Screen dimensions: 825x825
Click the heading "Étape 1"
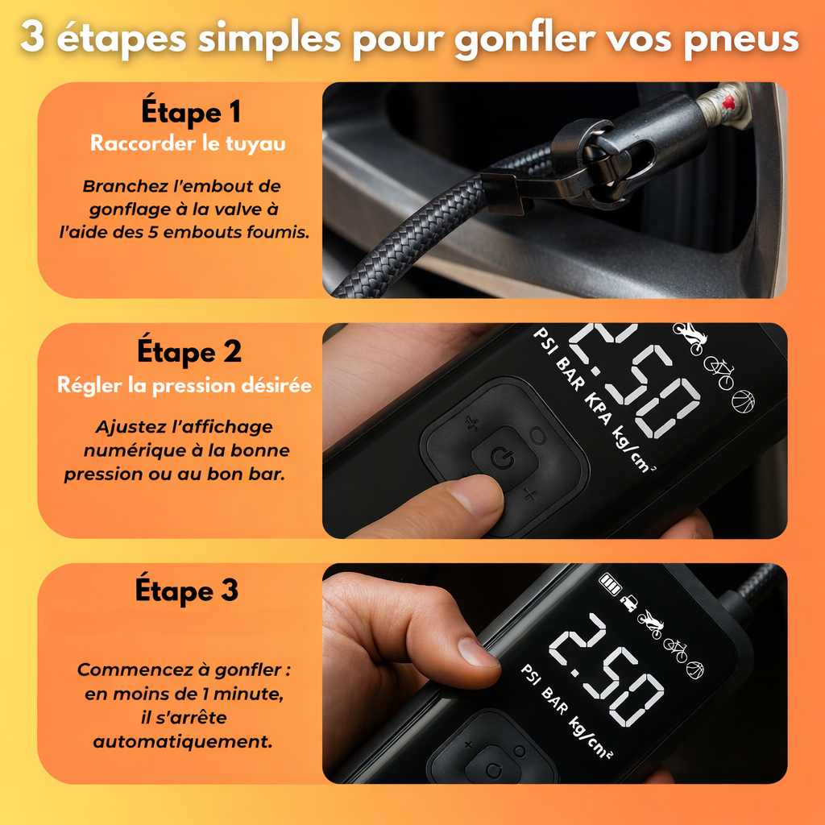tap(190, 111)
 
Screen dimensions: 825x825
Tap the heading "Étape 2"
tap(189, 350)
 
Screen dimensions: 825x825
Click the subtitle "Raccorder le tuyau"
tap(188, 143)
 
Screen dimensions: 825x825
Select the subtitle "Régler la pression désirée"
tap(184, 385)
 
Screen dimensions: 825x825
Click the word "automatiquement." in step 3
tap(183, 741)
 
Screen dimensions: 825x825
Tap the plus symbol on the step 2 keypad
tap(530, 495)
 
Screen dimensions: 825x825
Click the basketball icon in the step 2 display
tap(743, 401)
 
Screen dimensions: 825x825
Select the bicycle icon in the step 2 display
tap(719, 371)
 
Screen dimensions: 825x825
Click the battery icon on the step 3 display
tap(611, 585)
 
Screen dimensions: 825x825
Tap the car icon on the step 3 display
tap(628, 603)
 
